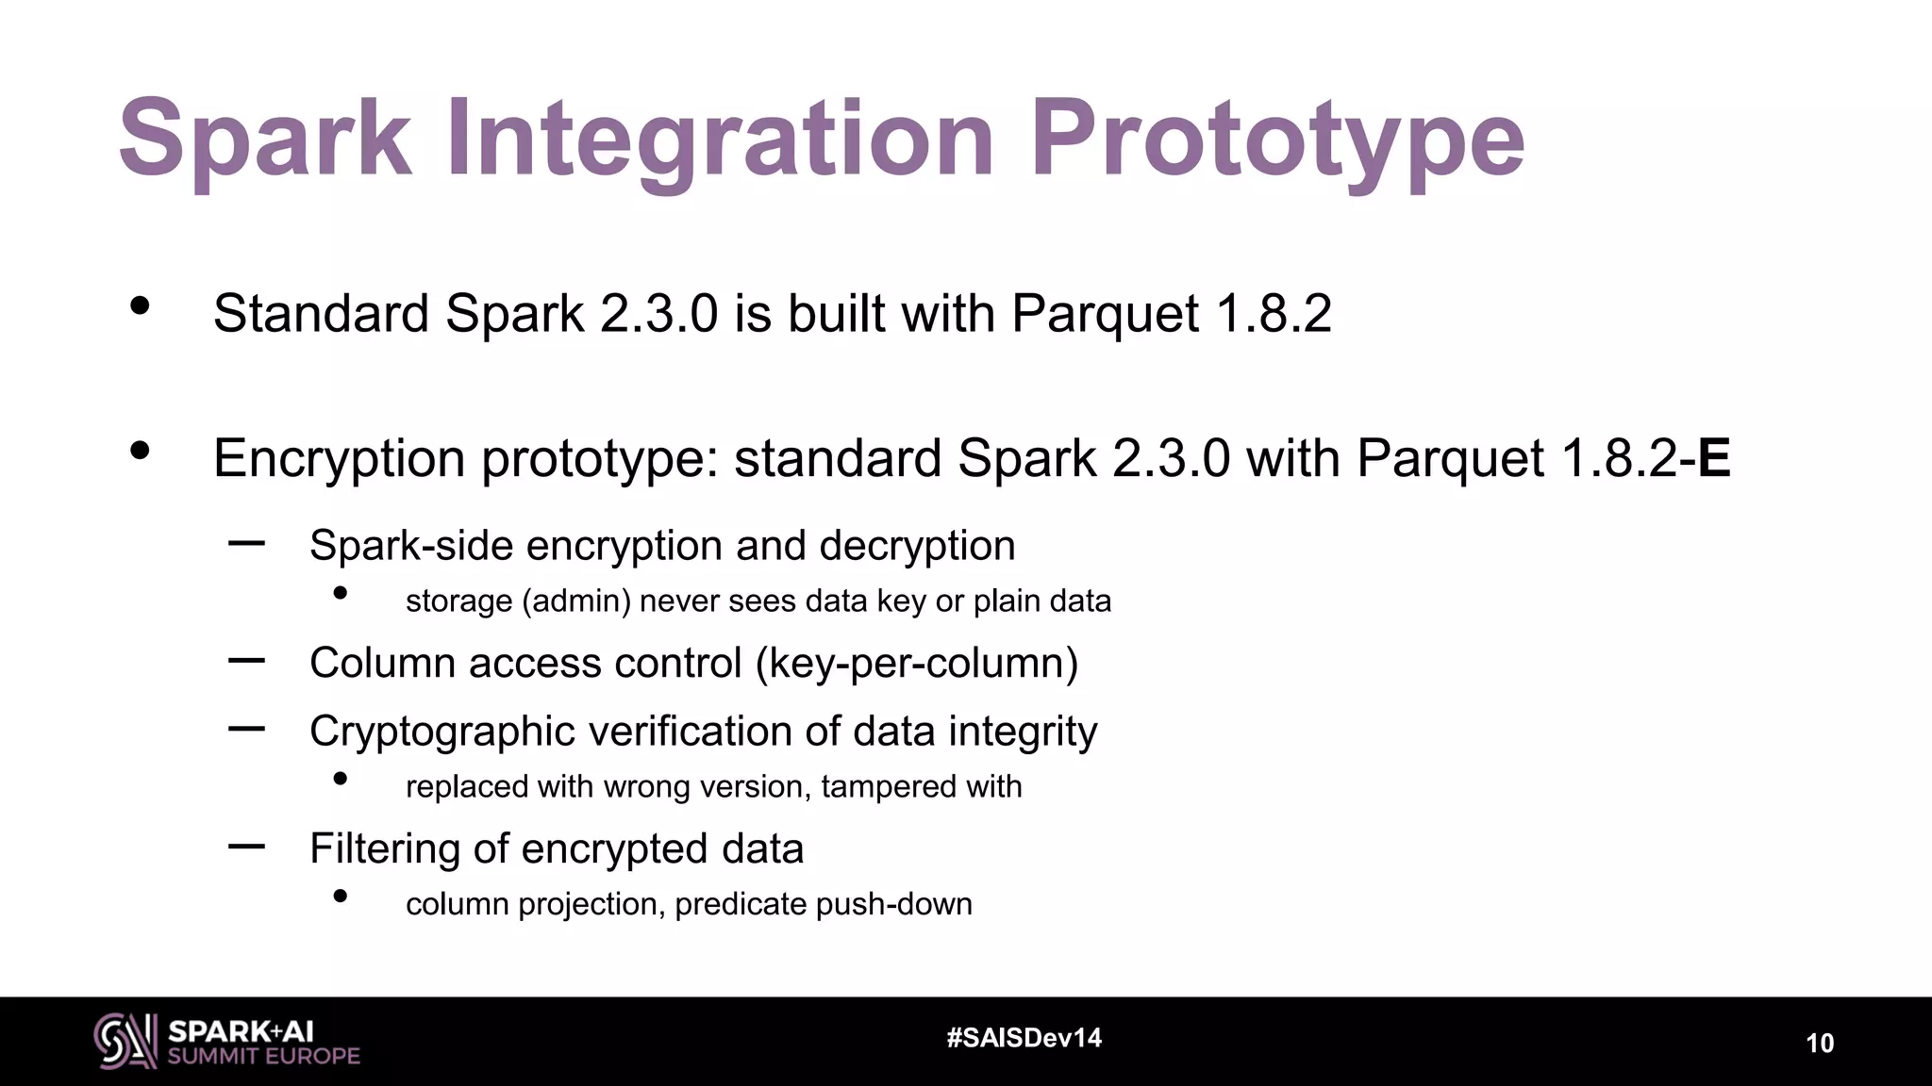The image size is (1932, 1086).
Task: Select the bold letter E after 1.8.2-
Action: click(x=1714, y=459)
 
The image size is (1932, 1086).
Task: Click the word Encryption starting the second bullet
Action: click(x=339, y=459)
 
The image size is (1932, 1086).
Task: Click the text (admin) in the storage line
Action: click(x=575, y=601)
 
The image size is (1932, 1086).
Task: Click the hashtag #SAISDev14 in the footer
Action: click(x=1024, y=1038)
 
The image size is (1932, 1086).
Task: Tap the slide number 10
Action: click(x=1819, y=1044)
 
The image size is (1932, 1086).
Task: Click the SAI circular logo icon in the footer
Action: click(x=125, y=1041)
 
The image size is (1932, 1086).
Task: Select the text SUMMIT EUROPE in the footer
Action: click(x=263, y=1057)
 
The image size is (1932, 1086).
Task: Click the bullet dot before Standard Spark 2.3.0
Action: click(x=140, y=305)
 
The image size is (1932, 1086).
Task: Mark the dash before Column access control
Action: click(x=246, y=660)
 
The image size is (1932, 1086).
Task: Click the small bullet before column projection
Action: click(x=341, y=897)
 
